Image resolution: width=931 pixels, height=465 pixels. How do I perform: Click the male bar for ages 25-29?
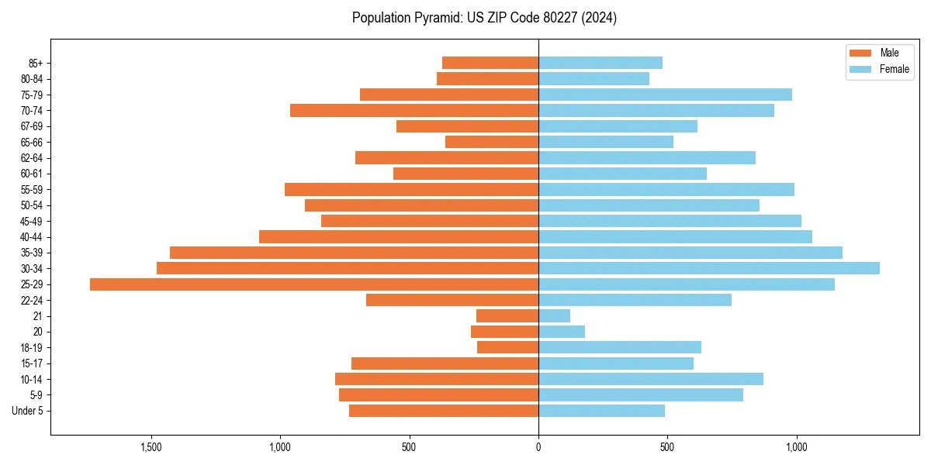[314, 284]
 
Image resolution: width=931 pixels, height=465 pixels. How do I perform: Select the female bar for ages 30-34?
[709, 268]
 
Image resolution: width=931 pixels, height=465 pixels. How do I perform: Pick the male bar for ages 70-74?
[414, 110]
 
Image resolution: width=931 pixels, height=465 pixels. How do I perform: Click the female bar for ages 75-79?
[665, 95]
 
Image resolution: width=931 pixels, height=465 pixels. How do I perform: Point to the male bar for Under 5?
[444, 411]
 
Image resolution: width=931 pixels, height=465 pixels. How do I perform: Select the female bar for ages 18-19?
[620, 347]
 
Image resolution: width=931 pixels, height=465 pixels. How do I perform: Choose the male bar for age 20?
[504, 332]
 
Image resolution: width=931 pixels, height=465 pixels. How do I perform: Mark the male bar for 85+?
[490, 63]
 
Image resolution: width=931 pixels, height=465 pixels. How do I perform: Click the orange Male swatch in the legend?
[861, 53]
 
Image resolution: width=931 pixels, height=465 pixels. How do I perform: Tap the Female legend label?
[895, 69]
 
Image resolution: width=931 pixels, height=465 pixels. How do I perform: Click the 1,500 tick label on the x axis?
[151, 447]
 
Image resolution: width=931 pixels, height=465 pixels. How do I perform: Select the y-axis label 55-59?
[32, 189]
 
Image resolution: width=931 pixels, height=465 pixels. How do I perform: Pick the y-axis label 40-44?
[32, 237]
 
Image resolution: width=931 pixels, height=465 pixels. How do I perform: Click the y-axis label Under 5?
[27, 411]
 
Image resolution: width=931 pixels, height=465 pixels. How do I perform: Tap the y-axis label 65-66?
[32, 142]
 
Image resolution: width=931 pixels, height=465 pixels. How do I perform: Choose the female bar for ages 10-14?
[651, 379]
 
